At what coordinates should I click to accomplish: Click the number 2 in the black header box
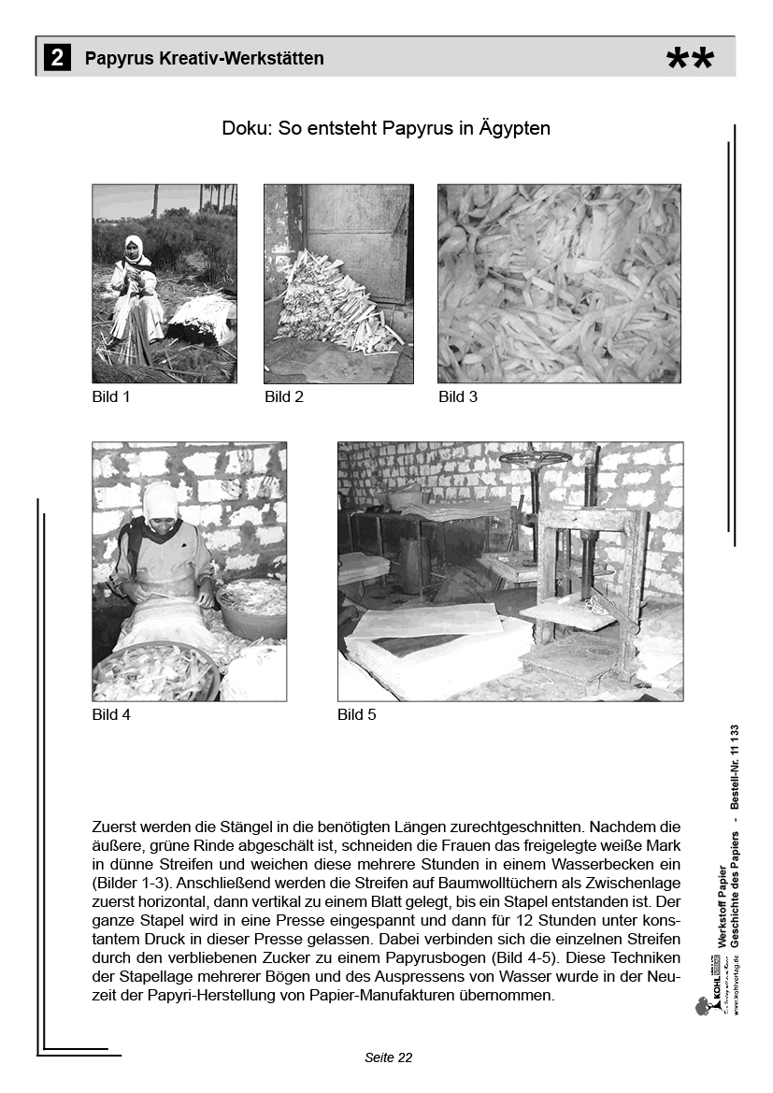click(56, 58)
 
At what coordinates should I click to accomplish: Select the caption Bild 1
click(111, 396)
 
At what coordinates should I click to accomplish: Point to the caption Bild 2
click(284, 396)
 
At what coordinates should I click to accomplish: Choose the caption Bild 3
click(458, 396)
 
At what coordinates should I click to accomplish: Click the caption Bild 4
click(111, 714)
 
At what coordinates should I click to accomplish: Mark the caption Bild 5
click(357, 714)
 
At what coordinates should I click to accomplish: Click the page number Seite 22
click(388, 1057)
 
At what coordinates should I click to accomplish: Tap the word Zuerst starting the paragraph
click(115, 827)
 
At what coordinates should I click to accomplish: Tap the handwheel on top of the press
click(535, 458)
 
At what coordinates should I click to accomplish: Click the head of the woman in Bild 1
click(134, 248)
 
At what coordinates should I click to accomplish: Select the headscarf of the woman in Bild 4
click(161, 500)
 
